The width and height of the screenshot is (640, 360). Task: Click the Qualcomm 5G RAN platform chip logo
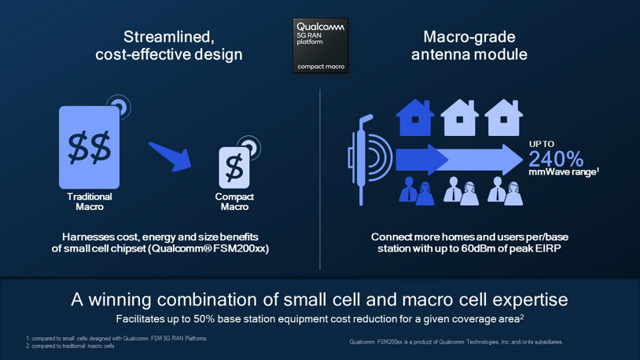[320, 46]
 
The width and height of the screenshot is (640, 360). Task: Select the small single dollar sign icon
[234, 167]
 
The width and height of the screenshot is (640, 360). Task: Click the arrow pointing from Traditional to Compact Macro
[171, 156]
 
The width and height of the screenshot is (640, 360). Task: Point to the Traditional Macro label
[89, 202]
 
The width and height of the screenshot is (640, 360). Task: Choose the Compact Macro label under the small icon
[234, 202]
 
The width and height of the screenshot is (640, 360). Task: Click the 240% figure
[556, 158]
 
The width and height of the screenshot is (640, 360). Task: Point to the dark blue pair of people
[416, 191]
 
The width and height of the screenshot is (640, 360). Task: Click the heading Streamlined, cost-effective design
[168, 46]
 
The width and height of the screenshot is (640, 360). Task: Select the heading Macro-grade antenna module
[469, 46]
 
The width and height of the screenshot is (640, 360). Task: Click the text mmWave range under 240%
[561, 172]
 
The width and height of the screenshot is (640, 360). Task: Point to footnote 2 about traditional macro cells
[70, 346]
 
